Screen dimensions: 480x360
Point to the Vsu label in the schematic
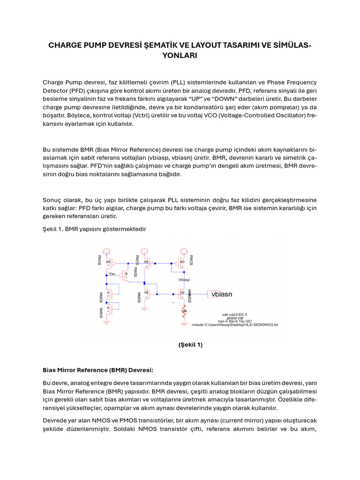[x=112, y=273]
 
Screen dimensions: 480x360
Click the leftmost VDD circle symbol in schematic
[x=108, y=252]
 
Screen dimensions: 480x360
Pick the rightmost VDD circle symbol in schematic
[x=183, y=252]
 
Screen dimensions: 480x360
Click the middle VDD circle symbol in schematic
[x=146, y=252]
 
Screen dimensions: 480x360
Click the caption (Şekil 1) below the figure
[x=190, y=345]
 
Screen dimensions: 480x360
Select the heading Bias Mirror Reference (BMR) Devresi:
[x=98, y=369]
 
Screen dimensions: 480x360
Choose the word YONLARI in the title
[x=180, y=55]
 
